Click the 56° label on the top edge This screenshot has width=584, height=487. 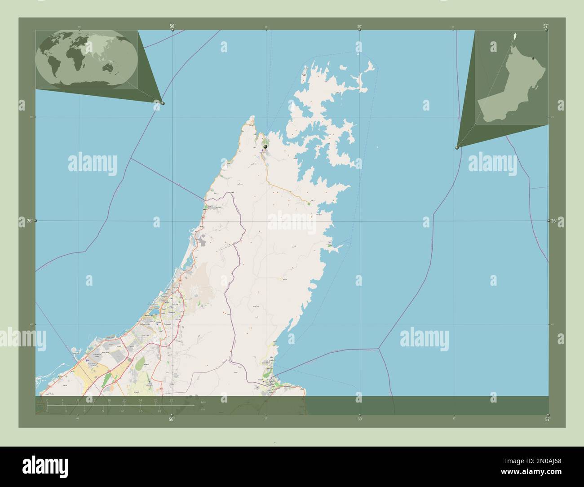[172, 26]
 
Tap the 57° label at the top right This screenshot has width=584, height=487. [545, 26]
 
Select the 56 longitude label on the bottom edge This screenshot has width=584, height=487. [171, 420]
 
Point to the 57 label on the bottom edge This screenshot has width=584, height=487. [547, 420]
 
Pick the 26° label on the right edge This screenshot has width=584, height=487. [554, 221]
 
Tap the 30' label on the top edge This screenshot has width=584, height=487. [359, 27]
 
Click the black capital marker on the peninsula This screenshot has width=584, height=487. [265, 146]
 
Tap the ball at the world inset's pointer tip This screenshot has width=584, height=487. [163, 103]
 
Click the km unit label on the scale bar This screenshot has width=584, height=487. [204, 402]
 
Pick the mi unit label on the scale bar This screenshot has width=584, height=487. [203, 409]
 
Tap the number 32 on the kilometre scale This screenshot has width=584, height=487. [171, 400]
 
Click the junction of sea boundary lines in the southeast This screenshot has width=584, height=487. [379, 348]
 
